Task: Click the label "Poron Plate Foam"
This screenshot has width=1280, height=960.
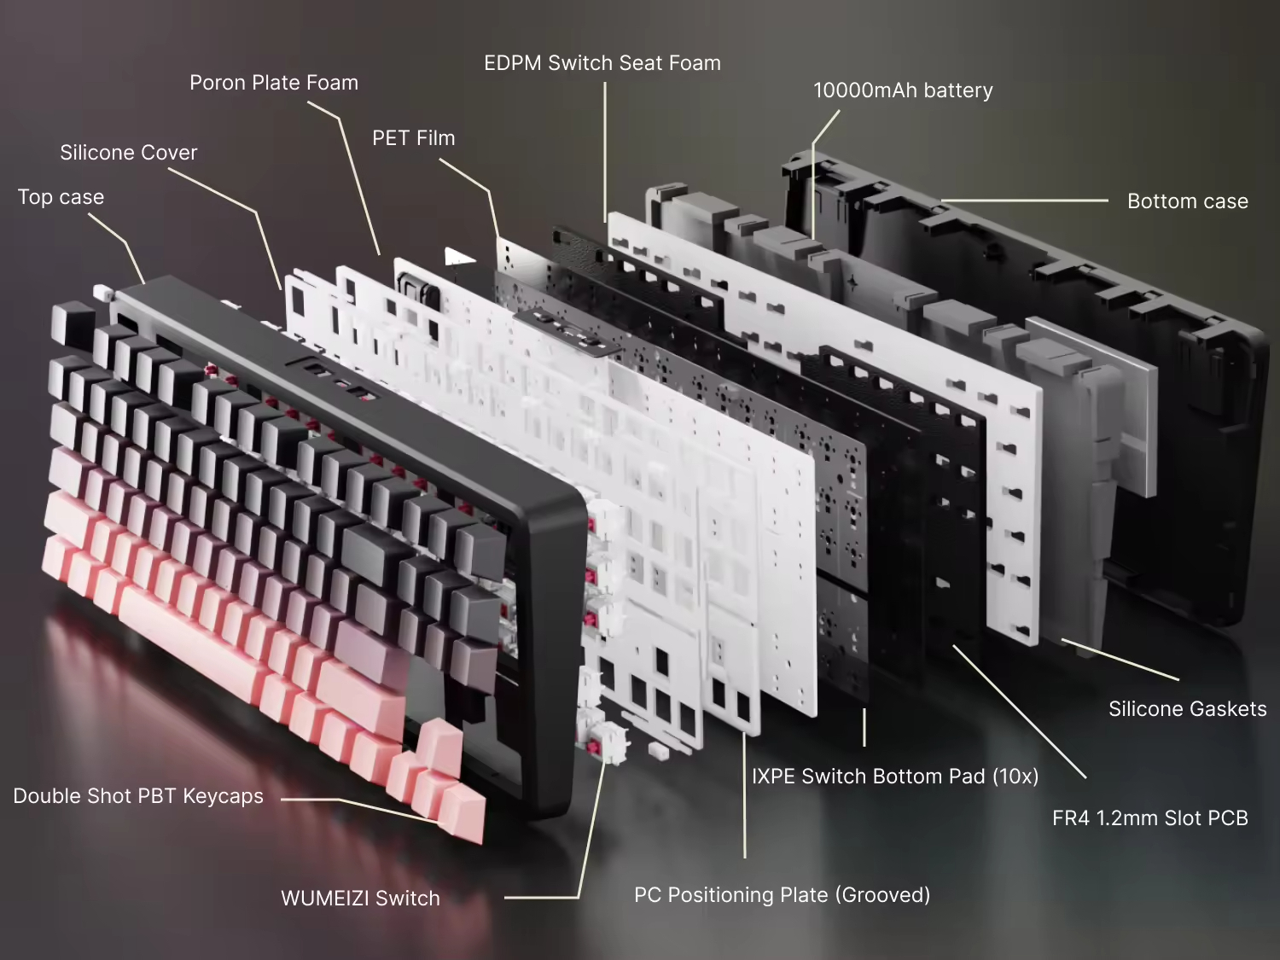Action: point(273,83)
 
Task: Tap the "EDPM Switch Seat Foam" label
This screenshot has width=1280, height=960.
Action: point(602,63)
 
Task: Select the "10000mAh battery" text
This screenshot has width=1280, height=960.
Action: point(903,90)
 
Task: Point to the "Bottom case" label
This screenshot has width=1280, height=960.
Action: point(1187,201)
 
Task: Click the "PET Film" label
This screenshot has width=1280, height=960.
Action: point(413,138)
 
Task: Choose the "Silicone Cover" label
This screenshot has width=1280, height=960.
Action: point(128,153)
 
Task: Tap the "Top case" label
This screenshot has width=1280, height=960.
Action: point(61,197)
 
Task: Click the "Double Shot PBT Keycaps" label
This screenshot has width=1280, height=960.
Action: point(138,796)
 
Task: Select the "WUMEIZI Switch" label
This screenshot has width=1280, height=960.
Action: point(360,899)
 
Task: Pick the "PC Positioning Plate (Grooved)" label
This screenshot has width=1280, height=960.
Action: point(782,895)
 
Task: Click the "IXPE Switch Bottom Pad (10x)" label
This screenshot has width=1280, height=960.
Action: point(894,777)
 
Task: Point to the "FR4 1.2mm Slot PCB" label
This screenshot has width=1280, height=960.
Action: point(1149,818)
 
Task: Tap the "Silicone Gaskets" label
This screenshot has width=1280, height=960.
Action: point(1187,709)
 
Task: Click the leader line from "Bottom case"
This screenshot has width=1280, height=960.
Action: point(1024,201)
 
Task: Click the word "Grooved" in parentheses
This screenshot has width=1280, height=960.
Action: point(883,895)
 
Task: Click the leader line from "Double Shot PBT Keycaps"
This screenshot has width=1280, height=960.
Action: point(341,800)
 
